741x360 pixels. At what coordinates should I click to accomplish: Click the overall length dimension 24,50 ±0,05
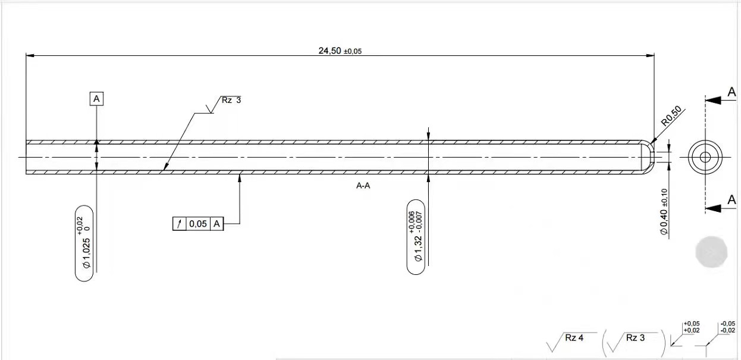(x=340, y=51)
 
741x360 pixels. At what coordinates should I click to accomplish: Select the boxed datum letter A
(x=96, y=98)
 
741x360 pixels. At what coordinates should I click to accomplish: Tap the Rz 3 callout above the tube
(x=231, y=101)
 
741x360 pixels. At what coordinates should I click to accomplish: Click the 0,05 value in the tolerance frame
(x=198, y=224)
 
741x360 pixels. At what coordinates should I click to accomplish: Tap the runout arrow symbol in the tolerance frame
(x=179, y=224)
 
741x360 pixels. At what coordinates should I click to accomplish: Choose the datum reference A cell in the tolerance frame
(x=217, y=224)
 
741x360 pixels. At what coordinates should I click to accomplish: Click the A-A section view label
(x=363, y=186)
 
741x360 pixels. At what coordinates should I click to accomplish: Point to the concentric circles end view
(x=705, y=157)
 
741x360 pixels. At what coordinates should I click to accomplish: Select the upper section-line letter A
(x=731, y=92)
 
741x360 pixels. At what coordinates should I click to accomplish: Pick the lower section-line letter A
(x=731, y=201)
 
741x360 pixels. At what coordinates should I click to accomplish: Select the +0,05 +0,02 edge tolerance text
(x=692, y=327)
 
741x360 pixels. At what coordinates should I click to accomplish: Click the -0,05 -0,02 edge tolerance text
(x=727, y=327)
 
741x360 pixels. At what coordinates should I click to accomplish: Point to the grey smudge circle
(x=711, y=251)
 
